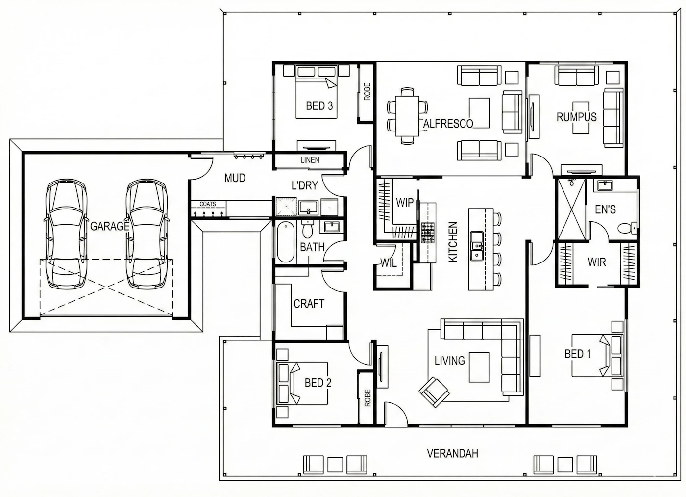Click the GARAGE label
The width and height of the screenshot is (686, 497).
(x=110, y=226)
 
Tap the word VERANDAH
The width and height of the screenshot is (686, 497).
(x=452, y=453)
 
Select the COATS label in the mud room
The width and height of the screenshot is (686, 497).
(x=208, y=204)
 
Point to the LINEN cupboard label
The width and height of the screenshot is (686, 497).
(x=310, y=160)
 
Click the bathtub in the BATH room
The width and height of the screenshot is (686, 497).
(x=285, y=241)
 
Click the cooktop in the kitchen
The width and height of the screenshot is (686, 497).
(x=428, y=233)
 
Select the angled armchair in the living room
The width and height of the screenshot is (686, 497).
(x=434, y=392)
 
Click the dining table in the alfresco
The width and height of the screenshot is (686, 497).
(x=407, y=116)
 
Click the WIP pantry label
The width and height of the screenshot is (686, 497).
(x=405, y=203)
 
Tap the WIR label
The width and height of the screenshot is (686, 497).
(x=597, y=262)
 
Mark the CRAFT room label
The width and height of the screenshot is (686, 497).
(x=309, y=304)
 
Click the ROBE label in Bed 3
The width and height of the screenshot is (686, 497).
(x=367, y=91)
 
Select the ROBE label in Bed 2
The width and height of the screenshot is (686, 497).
(x=367, y=398)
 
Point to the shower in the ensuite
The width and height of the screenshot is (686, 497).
(x=571, y=209)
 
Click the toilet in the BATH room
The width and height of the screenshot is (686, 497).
(x=307, y=229)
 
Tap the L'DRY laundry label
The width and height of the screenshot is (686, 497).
(x=304, y=185)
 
